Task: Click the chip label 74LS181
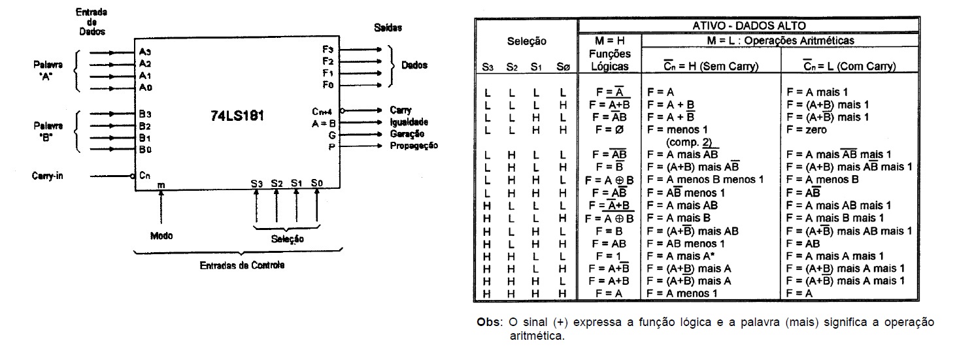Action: [x=237, y=116]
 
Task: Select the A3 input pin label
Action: [x=144, y=51]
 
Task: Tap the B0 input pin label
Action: [x=144, y=150]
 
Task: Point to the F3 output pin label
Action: [x=327, y=49]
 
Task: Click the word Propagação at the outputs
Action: [x=414, y=145]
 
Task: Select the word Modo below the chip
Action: [x=161, y=235]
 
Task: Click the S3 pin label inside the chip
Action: [x=256, y=184]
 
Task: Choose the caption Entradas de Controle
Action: [x=242, y=266]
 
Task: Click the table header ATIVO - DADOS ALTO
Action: [x=739, y=26]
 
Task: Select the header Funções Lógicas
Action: [x=609, y=59]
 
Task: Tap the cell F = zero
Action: [x=807, y=130]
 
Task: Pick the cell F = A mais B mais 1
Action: [x=835, y=218]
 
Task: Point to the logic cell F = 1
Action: [x=609, y=255]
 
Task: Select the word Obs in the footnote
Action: [x=488, y=323]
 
